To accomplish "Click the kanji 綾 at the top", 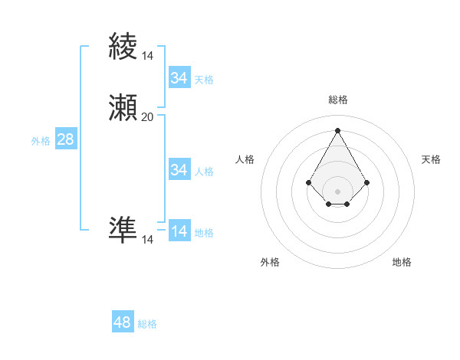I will click(x=123, y=46).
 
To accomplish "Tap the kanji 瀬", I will click(x=123, y=108).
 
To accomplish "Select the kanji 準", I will click(x=123, y=231).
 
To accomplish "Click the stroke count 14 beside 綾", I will click(x=147, y=55).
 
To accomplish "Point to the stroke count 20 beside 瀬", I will click(x=147, y=116).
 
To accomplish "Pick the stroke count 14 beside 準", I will click(x=147, y=240).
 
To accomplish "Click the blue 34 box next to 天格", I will click(x=179, y=78).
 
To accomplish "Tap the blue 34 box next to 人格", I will click(x=179, y=170).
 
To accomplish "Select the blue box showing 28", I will click(x=66, y=139).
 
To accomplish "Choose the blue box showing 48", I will click(x=123, y=322).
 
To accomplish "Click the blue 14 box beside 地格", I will click(x=179, y=231).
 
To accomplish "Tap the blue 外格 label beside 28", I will click(x=41, y=141).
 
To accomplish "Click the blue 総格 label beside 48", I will click(x=147, y=324).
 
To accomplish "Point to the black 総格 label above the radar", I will click(x=338, y=100).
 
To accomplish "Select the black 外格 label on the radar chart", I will click(x=270, y=262).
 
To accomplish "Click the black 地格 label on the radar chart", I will click(x=402, y=262).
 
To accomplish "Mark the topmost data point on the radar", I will click(x=337, y=129).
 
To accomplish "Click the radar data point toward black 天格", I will click(x=367, y=182).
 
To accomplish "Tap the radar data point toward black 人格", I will click(x=309, y=182).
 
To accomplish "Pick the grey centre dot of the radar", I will click(x=337, y=191).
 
